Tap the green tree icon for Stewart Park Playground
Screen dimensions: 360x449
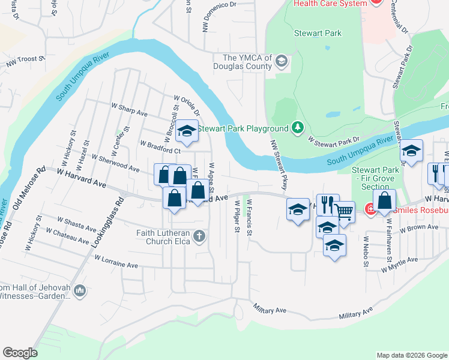[297, 127]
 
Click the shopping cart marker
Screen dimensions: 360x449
[343, 211]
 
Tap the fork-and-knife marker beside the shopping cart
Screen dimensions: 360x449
[328, 204]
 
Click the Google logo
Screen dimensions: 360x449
[20, 353]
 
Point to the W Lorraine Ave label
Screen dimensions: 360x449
[116, 261]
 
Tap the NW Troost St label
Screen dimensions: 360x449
[26, 59]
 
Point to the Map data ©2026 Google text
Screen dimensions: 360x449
[411, 355]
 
